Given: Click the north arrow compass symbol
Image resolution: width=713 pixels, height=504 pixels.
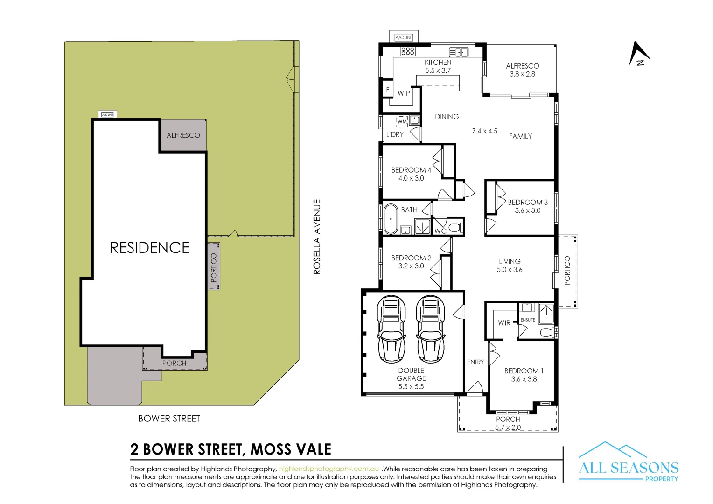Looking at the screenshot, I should [x=638, y=54].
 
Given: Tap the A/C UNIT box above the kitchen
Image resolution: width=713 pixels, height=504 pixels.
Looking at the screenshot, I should [x=404, y=37].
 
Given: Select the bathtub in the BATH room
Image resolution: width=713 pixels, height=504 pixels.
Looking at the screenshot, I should [x=391, y=218].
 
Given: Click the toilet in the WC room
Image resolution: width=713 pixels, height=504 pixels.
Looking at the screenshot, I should [x=455, y=228].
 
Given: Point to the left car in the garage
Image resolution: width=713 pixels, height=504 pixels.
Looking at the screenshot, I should [x=391, y=329].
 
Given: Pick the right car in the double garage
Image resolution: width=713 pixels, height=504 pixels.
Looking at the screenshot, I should [x=430, y=329].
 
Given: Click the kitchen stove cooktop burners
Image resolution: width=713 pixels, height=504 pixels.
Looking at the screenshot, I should [x=407, y=51].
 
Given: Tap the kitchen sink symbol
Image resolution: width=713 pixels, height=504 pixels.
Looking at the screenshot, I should [x=458, y=52].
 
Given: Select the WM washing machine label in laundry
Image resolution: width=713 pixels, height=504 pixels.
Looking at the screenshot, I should [x=402, y=122].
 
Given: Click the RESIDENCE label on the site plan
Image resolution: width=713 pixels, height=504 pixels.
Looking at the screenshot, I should [x=149, y=247].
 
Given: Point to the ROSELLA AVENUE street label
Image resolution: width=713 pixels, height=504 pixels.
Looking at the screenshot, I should [x=317, y=237].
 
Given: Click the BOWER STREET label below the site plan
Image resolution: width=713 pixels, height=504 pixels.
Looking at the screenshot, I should [x=169, y=419].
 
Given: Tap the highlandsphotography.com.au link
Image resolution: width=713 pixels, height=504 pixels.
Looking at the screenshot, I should [x=329, y=469].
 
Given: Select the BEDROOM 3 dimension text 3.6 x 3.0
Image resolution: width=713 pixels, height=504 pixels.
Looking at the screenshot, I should [x=527, y=210].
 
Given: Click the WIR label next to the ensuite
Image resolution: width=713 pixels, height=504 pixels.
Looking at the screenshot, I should [x=504, y=323].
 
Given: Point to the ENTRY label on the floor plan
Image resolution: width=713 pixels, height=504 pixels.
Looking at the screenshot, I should [x=475, y=362].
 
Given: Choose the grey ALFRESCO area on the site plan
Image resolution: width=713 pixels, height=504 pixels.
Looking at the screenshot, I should [x=183, y=135].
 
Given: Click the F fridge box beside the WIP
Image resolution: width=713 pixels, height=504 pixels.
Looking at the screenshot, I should [x=387, y=90].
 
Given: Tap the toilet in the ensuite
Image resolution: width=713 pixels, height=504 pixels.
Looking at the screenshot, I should [x=545, y=332].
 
